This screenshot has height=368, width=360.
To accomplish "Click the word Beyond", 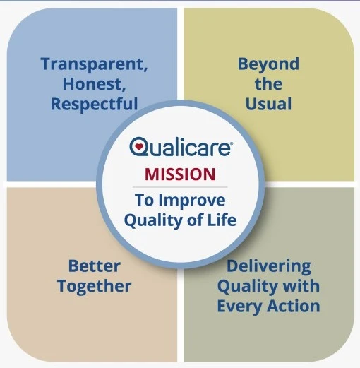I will click(x=268, y=64).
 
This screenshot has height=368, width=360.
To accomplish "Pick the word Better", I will click(x=94, y=266).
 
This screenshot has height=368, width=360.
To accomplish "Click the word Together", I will click(x=94, y=287).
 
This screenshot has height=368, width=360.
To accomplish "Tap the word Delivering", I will click(x=268, y=266).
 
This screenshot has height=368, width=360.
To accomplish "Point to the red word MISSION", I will click(x=180, y=173).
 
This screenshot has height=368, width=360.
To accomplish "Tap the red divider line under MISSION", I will click(x=180, y=186).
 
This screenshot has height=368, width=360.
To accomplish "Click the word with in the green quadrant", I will click(x=301, y=287).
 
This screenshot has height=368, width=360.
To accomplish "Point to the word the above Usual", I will click(x=268, y=85).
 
